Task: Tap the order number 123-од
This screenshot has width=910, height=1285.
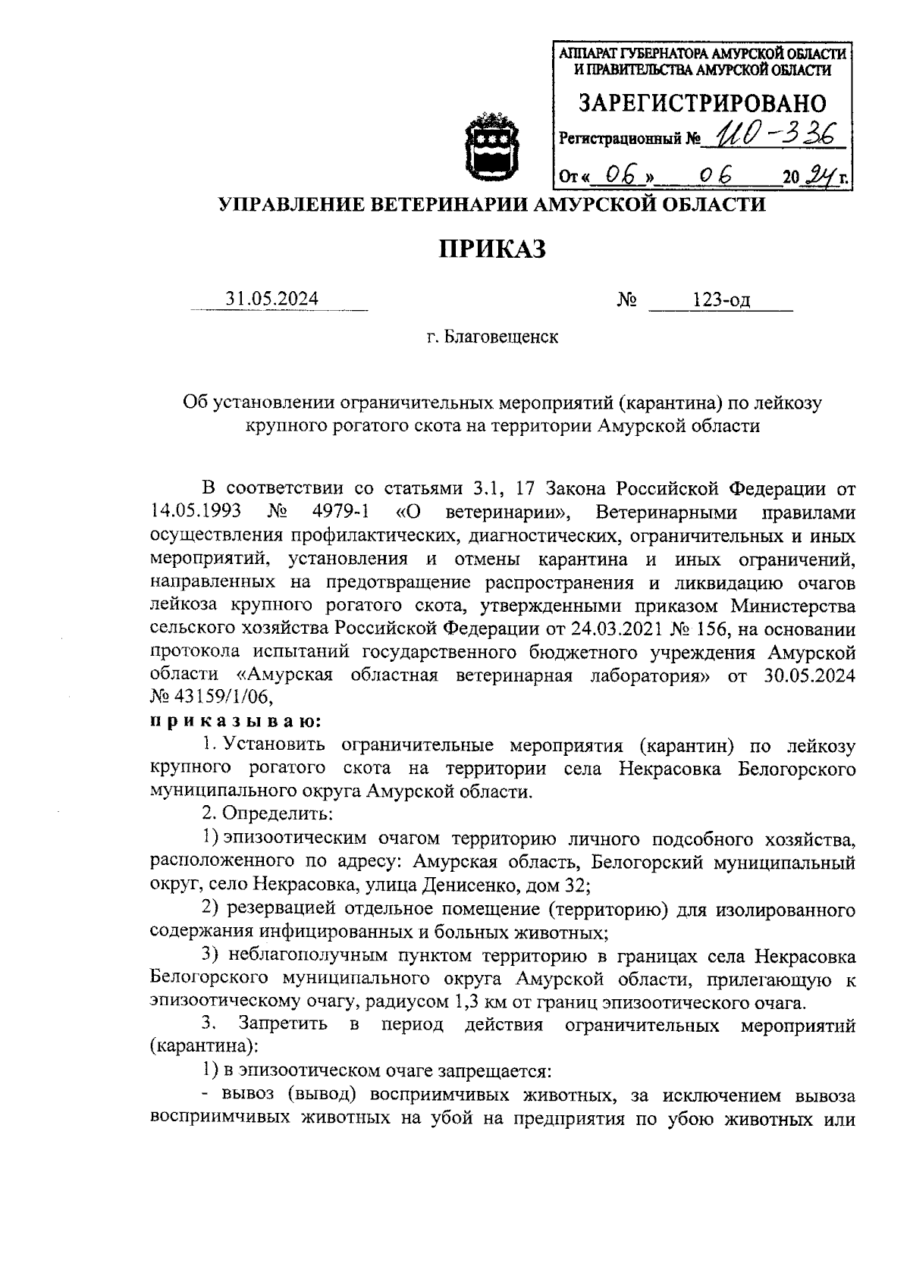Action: [x=720, y=299]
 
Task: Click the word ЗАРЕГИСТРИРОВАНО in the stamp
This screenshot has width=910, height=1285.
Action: [x=702, y=103]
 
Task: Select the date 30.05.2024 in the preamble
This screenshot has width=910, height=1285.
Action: [x=806, y=675]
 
